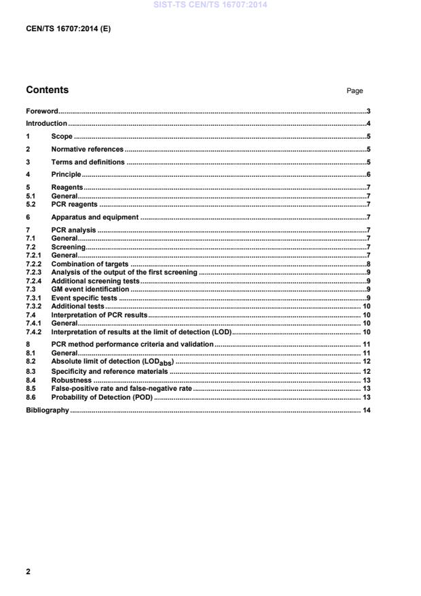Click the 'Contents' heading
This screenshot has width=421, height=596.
(47, 90)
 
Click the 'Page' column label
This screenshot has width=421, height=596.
(354, 91)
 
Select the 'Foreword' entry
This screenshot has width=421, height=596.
(41, 110)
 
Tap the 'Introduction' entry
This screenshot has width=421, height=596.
(46, 123)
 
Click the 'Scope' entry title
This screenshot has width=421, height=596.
(62, 136)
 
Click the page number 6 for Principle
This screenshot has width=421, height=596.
(367, 175)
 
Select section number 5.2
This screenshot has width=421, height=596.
(31, 203)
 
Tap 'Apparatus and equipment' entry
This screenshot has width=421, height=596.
(94, 217)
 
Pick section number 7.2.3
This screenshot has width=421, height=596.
(33, 271)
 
